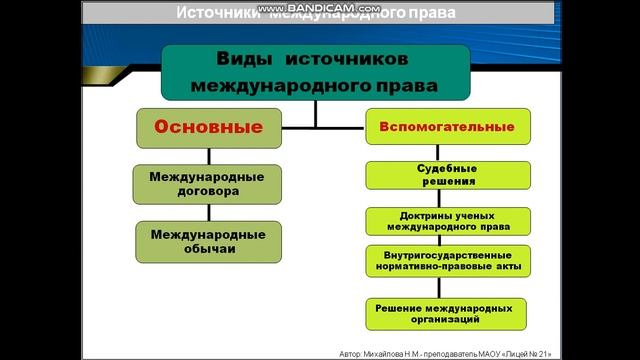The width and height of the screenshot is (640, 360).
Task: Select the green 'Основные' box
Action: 208,128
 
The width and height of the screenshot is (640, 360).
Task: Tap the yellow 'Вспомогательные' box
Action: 446,128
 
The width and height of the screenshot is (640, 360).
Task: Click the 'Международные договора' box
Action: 207,183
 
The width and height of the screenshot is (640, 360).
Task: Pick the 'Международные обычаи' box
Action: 207,241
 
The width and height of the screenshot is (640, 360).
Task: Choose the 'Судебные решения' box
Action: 446,175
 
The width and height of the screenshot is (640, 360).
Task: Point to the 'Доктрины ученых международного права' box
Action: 446,221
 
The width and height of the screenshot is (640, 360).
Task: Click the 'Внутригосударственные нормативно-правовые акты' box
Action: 446,262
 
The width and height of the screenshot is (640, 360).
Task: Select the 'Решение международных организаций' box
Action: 446,313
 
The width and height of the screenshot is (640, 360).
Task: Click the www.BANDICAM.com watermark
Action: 319,6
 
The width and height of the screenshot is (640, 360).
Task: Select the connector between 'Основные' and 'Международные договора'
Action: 208,156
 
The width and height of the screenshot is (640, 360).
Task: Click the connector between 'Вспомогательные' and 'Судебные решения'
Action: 446,153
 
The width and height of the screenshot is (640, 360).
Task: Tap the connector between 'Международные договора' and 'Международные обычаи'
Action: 208,212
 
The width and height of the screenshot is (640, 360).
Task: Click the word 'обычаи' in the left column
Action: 208,249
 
